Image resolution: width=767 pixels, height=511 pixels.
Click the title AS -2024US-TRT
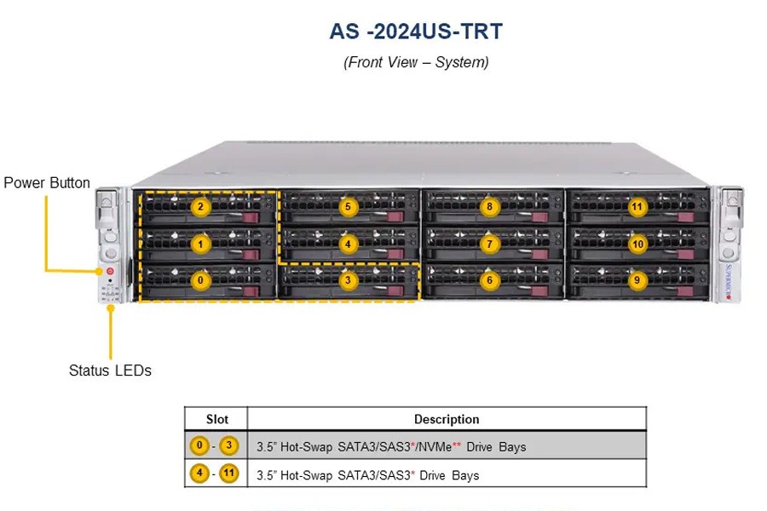coord(416,32)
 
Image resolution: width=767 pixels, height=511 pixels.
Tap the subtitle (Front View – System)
coord(416,62)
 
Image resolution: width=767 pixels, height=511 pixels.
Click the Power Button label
coord(47,183)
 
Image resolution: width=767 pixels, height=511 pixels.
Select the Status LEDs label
coord(110,370)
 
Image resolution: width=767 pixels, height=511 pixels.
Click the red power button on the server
coord(110,271)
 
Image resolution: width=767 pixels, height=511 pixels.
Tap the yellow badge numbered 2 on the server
coord(200,207)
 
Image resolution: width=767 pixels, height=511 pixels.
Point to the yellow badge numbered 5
coord(348,207)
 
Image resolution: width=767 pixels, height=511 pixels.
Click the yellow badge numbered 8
coord(489,207)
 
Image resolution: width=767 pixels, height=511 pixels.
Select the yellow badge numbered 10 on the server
coord(637,244)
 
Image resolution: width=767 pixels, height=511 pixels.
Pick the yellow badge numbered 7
coord(490,244)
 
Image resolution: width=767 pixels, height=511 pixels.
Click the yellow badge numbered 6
coord(490,280)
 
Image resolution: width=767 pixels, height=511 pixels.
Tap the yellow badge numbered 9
coord(637,280)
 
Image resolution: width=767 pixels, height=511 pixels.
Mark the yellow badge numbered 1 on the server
coord(200,244)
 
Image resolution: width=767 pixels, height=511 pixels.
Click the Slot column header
coord(216,419)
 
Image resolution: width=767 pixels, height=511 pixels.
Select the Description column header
coord(447,419)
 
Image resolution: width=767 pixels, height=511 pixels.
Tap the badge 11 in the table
coord(228,474)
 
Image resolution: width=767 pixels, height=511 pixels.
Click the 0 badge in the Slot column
coord(199,445)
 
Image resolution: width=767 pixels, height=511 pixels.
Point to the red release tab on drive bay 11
coord(686,218)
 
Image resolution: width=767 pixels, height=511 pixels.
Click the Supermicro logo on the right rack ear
coord(728,281)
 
